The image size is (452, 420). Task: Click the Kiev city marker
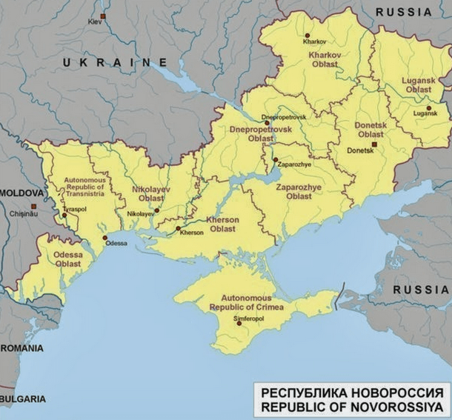(x=103, y=16)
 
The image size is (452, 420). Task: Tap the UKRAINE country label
(x=115, y=63)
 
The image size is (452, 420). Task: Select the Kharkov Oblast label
(x=323, y=59)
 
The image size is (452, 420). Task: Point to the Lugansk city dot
(x=428, y=107)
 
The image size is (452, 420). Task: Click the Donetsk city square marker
(x=375, y=145)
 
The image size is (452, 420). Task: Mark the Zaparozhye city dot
(x=275, y=159)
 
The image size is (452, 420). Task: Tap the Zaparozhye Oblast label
(x=288, y=192)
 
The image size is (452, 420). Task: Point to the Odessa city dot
(x=105, y=238)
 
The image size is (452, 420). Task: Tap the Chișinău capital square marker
(x=33, y=207)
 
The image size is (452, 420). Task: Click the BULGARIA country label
(x=22, y=399)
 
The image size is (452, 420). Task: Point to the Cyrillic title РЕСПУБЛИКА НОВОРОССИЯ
(x=351, y=393)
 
